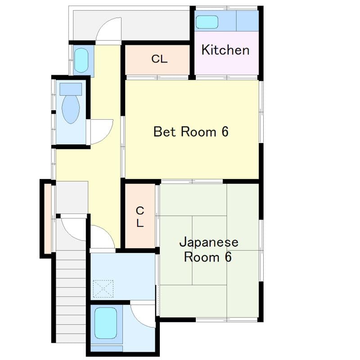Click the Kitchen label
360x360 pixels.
(225, 50)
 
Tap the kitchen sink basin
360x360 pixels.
(207, 22)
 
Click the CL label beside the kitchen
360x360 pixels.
(159, 59)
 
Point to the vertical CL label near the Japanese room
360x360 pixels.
(140, 216)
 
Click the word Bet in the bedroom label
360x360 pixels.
(166, 132)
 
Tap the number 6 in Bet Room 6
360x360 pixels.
(225, 132)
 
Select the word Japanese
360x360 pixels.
(208, 243)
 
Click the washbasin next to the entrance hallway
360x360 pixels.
(81, 61)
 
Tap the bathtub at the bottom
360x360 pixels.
(106, 323)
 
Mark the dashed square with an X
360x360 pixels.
(103, 288)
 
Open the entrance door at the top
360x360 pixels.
(109, 30)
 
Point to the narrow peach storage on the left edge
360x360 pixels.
(47, 219)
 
